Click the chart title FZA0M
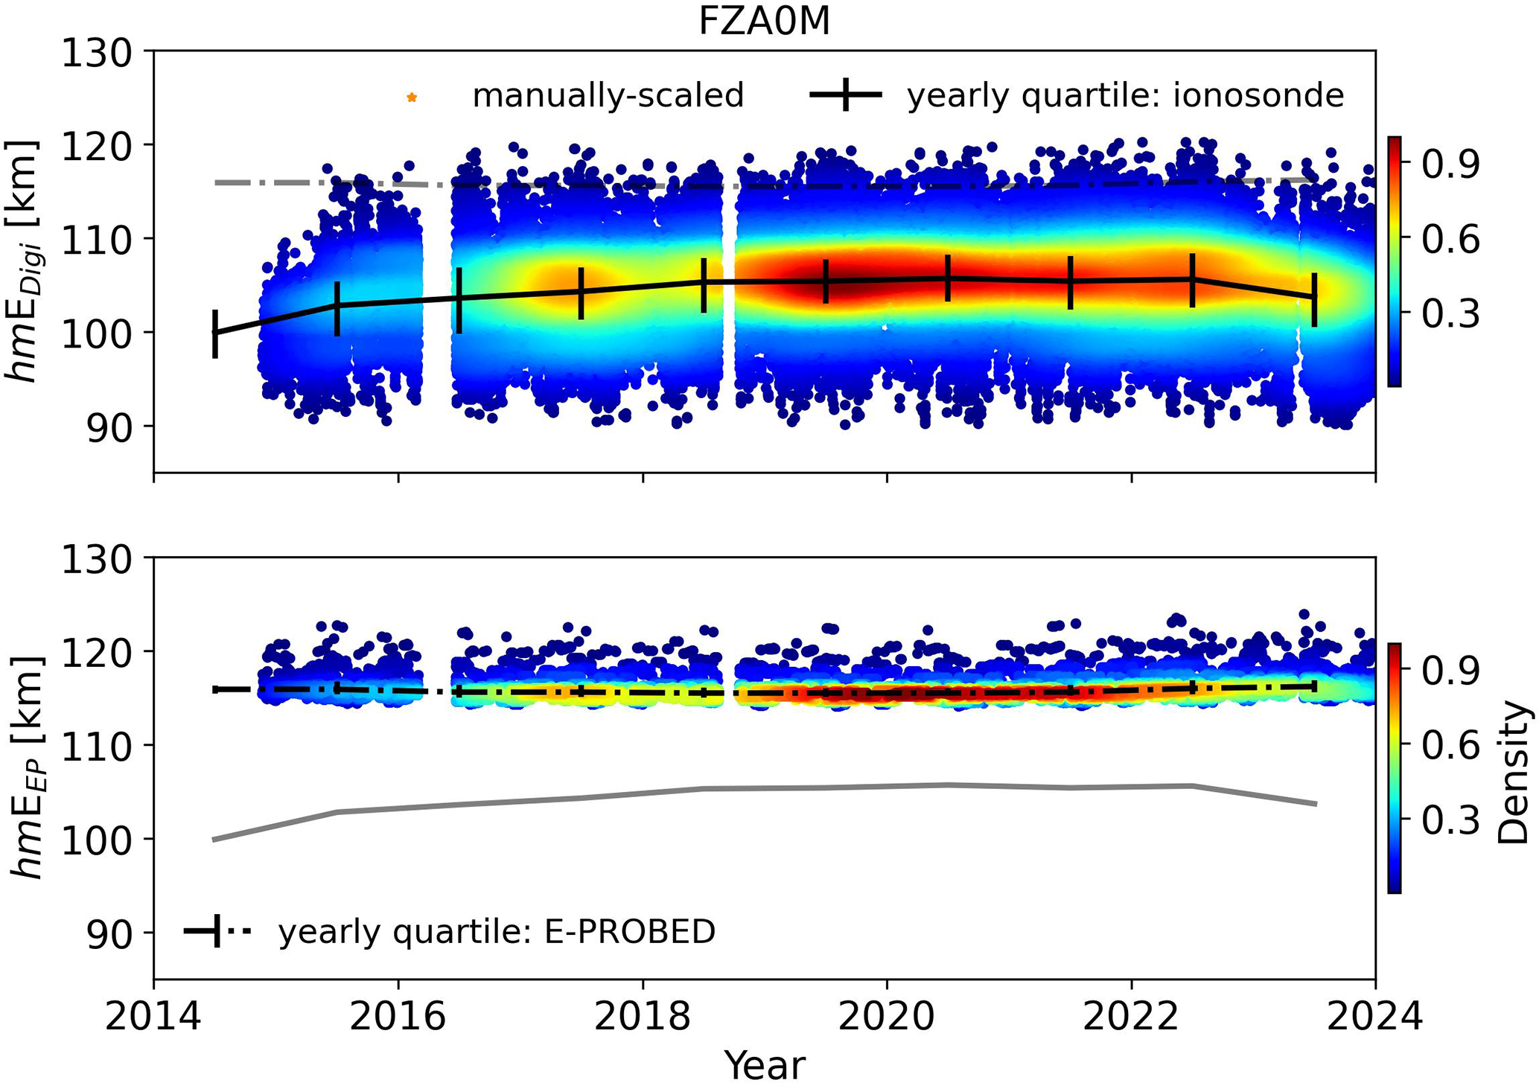click(764, 22)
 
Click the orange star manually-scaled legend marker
click(412, 98)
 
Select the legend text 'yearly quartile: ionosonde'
click(1125, 96)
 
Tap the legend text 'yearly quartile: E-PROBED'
click(497, 932)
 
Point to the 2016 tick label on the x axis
click(398, 1017)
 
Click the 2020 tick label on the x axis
click(886, 1017)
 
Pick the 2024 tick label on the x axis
click(1374, 1017)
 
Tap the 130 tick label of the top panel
click(96, 54)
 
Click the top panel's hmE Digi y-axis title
click(24, 261)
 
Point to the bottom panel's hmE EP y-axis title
click(28, 767)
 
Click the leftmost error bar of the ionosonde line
click(215, 333)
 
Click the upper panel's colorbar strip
click(1394, 261)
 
